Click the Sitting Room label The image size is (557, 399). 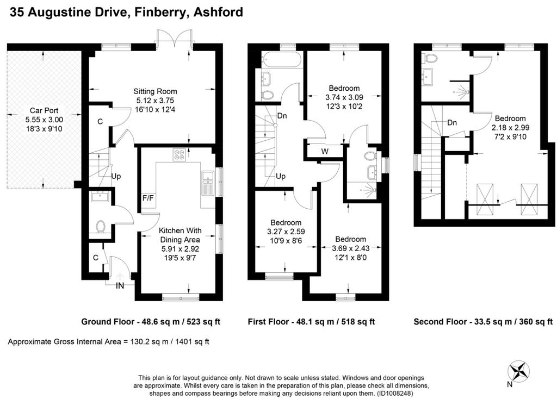coord(155,91)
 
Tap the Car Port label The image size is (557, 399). coord(44,110)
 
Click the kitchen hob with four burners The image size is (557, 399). coord(178,154)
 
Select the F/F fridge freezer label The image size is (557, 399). coord(148,198)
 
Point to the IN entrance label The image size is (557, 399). coord(120,285)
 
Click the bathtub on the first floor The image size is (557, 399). coord(282,59)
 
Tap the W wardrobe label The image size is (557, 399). coord(325,151)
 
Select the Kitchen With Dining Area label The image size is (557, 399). coord(180,235)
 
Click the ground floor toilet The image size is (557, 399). coord(101,227)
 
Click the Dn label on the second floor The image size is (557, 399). coord(452,123)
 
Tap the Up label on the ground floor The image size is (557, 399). coord(116,176)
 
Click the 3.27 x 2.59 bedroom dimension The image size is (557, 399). coord(286,232)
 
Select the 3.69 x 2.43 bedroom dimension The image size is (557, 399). coord(351,248)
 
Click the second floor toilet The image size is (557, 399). coord(429,59)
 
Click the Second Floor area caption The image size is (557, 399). coord(483,322)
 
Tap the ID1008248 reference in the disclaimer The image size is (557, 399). coord(395,394)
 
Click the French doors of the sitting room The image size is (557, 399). coord(174,40)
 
